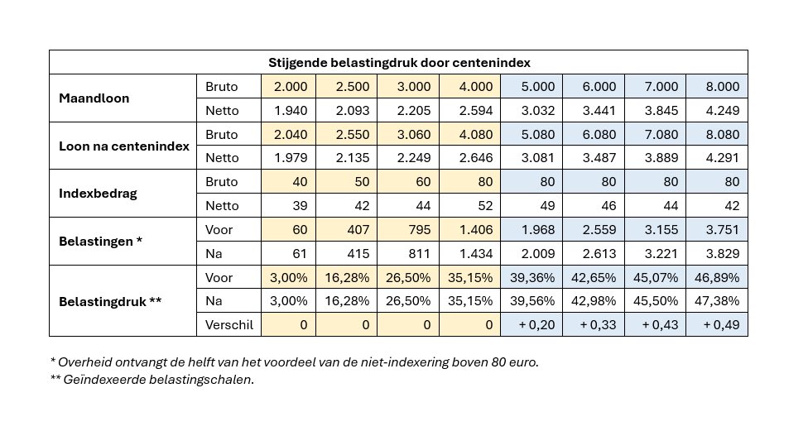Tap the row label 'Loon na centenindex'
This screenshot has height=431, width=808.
coord(124,146)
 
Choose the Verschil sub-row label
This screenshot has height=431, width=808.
coord(228,324)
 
